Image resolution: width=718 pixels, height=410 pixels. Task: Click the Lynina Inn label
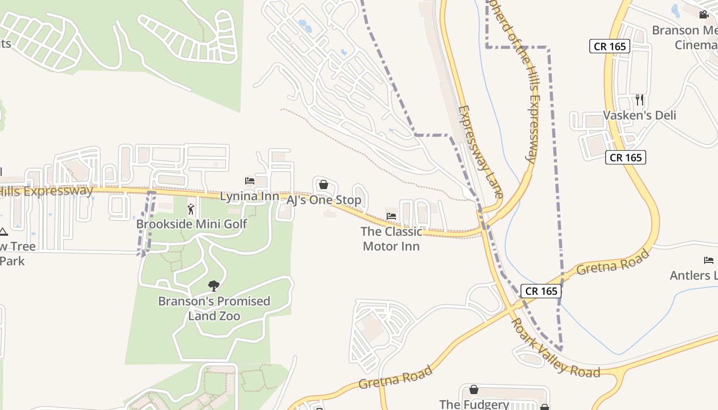(x=249, y=196)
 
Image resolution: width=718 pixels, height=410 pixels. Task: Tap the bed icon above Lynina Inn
(x=250, y=181)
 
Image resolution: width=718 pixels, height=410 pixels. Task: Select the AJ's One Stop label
(x=324, y=200)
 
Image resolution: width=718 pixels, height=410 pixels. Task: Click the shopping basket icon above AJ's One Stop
(x=324, y=184)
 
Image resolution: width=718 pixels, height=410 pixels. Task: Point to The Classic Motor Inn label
(x=391, y=239)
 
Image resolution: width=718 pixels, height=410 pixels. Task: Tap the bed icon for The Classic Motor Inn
(x=391, y=216)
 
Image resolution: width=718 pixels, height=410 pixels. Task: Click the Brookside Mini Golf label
(x=191, y=224)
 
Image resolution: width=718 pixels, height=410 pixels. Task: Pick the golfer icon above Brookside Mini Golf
(x=191, y=209)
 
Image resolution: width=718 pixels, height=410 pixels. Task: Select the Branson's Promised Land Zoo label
(x=214, y=308)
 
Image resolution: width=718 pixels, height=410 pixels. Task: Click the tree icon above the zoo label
(x=214, y=286)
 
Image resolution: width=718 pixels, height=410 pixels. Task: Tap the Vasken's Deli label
(x=640, y=115)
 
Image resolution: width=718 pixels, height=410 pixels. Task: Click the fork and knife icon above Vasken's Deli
(x=640, y=99)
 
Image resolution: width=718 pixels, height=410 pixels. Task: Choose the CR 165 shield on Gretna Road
(x=541, y=291)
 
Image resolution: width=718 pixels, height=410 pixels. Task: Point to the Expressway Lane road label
(x=480, y=152)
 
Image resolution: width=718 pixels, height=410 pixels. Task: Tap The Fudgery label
(x=474, y=404)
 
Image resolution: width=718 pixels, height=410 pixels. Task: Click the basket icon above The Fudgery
(x=474, y=390)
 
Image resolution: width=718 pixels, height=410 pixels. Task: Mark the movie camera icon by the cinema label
(x=704, y=15)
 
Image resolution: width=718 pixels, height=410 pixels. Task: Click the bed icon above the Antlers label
(x=709, y=260)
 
